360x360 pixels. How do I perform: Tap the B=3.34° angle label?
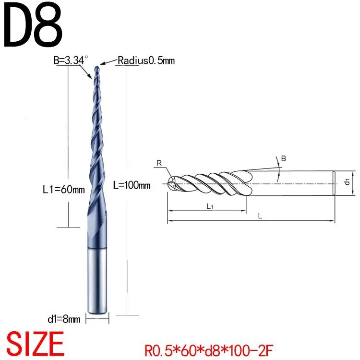(71, 60)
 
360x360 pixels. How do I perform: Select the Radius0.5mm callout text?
(146, 60)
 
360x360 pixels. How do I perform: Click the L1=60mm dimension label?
(64, 190)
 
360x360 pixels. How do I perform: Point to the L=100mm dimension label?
(132, 185)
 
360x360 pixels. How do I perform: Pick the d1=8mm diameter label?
(64, 319)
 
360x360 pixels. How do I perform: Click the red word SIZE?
(35, 344)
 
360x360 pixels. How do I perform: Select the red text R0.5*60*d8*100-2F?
(208, 350)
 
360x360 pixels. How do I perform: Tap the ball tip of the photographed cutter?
(97, 68)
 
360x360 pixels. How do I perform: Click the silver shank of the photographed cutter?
(97, 280)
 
